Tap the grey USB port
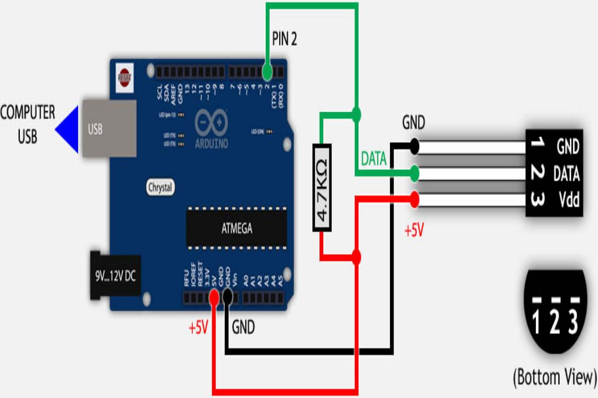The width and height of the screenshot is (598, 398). click(x=109, y=128)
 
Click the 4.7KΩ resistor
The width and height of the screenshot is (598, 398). click(x=322, y=188)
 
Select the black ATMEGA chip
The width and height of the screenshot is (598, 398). click(x=236, y=227)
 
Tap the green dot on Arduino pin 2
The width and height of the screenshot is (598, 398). click(x=267, y=72)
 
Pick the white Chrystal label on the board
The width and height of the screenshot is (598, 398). click(x=161, y=187)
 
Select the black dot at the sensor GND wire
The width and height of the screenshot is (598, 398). click(x=413, y=146)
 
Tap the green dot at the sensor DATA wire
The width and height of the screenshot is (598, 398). click(x=413, y=174)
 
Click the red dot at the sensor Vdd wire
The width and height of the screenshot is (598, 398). click(x=413, y=199)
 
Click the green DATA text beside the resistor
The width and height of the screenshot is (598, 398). click(x=373, y=159)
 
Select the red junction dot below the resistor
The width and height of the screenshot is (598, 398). click(x=356, y=257)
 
